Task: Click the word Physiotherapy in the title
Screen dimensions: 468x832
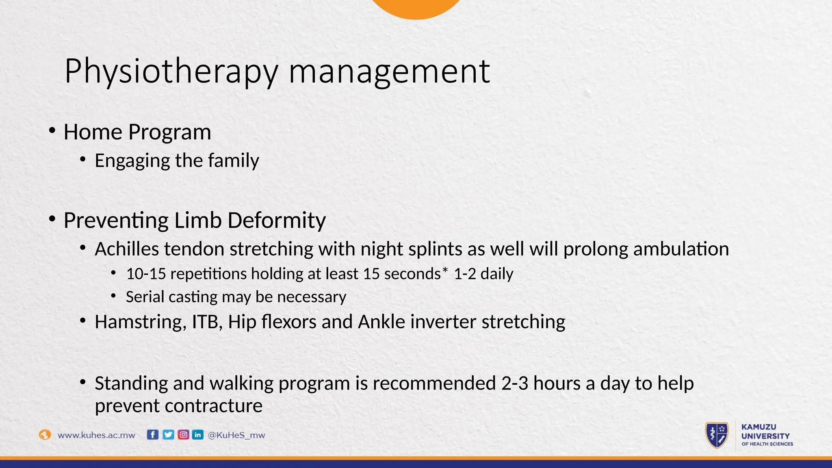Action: tap(171, 71)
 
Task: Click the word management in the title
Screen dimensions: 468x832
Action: tap(389, 71)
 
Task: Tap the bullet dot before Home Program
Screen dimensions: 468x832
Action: tap(52, 131)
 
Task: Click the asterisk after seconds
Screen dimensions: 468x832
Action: tap(445, 271)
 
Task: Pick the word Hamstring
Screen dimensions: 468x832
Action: tap(141, 322)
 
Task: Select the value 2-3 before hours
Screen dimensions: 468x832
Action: tap(515, 383)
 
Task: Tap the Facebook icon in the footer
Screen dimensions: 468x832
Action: tap(152, 435)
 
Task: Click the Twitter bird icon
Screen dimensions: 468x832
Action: tap(168, 435)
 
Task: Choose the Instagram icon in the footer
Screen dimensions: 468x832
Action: tap(183, 435)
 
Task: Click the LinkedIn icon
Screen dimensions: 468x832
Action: tap(198, 435)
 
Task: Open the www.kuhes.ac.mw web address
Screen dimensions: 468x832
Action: tap(96, 435)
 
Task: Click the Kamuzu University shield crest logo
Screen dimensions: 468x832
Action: tap(717, 435)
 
